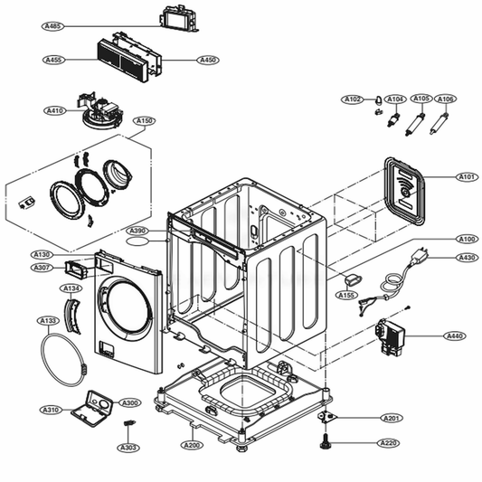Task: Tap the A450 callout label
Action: click(209, 60)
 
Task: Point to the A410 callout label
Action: click(56, 110)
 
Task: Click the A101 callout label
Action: click(466, 177)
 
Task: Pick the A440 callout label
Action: click(455, 336)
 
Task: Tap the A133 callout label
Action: click(49, 320)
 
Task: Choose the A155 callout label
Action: click(346, 295)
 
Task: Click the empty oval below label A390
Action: click(137, 242)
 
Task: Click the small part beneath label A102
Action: click(373, 114)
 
